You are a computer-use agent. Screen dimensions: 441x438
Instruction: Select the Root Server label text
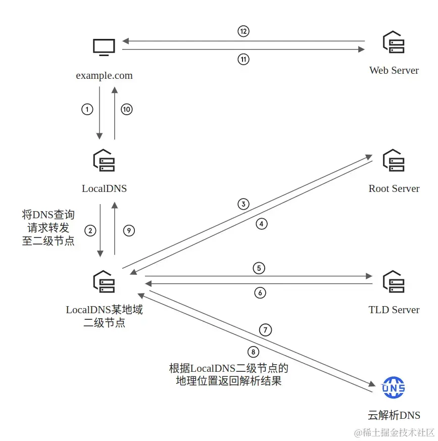394,188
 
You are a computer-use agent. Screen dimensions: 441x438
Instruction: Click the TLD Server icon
394,282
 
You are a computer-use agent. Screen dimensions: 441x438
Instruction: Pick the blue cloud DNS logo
394,387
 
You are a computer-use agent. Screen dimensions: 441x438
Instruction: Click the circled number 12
244,31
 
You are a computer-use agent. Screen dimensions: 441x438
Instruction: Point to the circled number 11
244,59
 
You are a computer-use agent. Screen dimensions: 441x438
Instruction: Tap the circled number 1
87,109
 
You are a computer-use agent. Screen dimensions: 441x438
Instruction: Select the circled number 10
126,109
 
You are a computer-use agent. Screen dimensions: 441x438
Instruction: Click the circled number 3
244,204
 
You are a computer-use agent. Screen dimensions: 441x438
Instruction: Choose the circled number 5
259,268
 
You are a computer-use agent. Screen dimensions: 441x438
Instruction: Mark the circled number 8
254,352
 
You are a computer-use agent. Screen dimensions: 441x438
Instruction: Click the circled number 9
129,230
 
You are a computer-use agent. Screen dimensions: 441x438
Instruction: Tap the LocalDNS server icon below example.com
104,160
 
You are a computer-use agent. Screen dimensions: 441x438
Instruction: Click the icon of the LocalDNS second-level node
104,281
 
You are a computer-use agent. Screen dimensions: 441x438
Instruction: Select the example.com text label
104,76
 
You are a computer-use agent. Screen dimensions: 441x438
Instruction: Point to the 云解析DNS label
394,416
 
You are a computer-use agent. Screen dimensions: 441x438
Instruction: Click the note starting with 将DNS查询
48,228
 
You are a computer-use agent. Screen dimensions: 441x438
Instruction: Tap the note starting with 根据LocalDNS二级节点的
228,374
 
